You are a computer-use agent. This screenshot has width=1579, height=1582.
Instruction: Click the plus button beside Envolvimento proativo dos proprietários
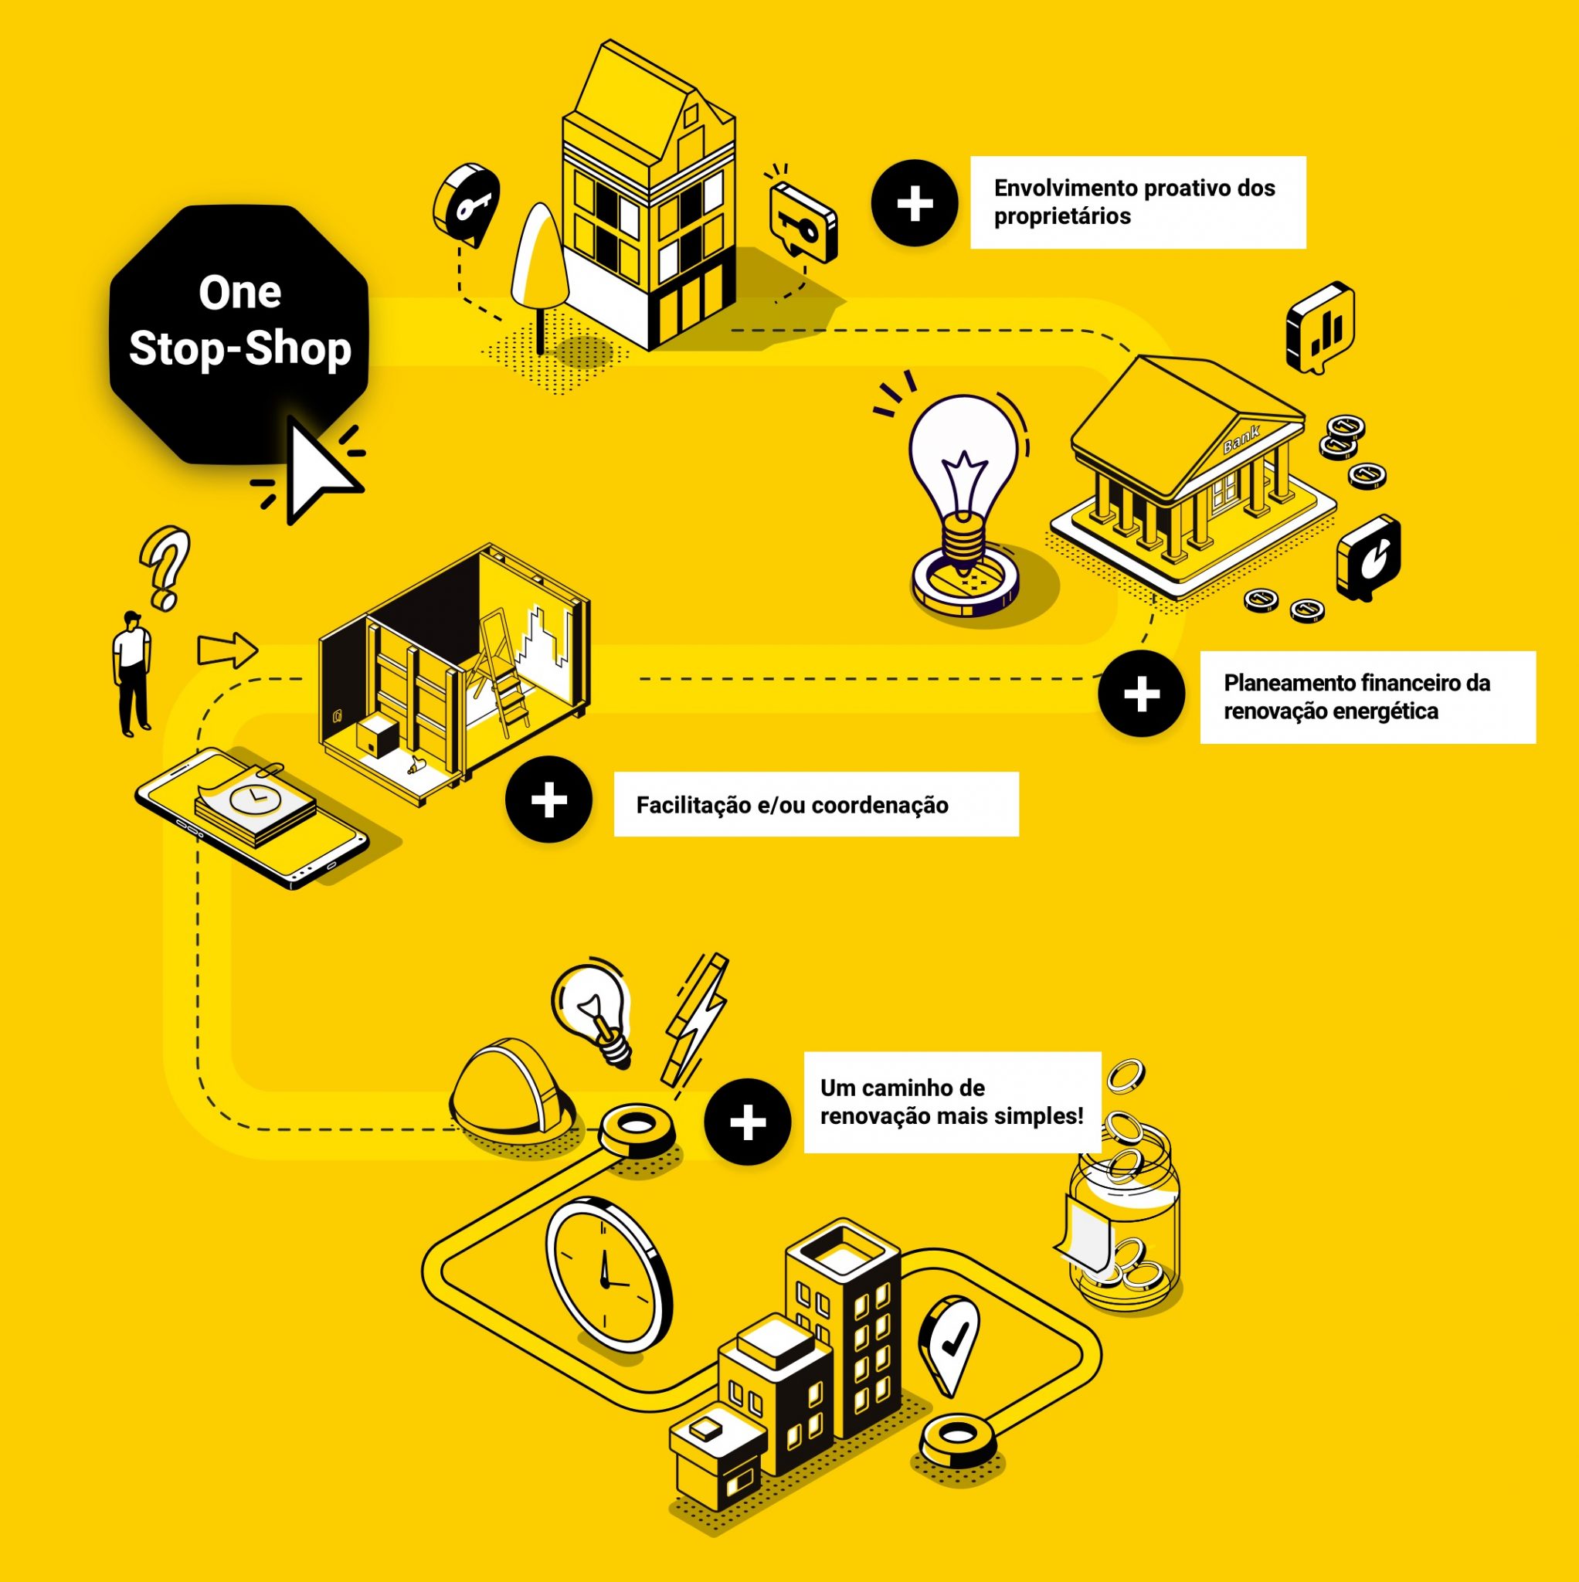[x=914, y=203]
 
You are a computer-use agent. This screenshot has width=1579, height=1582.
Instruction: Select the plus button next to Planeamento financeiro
[x=1141, y=694]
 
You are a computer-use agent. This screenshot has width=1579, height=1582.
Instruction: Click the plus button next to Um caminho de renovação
[x=747, y=1122]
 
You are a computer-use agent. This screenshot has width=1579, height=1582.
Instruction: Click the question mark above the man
[x=165, y=565]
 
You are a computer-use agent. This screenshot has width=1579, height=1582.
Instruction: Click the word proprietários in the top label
[x=1061, y=217]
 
